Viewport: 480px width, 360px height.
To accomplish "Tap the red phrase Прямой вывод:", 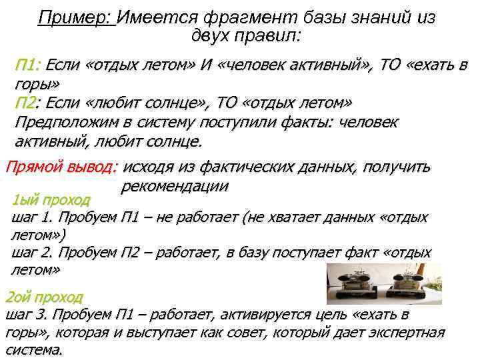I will [61, 167].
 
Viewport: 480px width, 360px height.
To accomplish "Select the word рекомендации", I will [175, 185].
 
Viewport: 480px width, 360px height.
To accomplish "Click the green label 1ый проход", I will [50, 199].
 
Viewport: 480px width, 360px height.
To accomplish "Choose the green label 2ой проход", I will [44, 296].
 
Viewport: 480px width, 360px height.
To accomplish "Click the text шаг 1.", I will [33, 217].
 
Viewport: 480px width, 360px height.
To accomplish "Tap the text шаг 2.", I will [33, 253].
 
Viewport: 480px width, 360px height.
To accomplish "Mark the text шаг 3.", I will [28, 314].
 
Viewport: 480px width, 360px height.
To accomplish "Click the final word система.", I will [33, 349].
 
